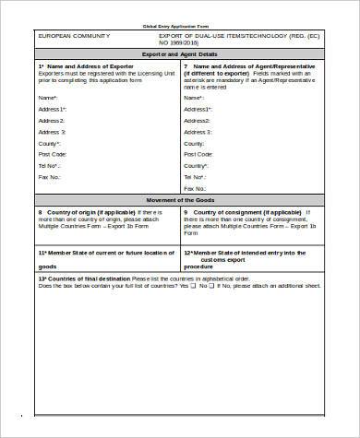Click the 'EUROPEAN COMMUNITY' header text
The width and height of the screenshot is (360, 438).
click(73, 34)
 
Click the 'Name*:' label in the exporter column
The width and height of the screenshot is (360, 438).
click(48, 97)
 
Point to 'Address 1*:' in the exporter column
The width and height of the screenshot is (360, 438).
click(53, 109)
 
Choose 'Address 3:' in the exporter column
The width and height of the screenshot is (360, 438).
click(52, 132)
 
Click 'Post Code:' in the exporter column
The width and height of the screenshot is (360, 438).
click(52, 154)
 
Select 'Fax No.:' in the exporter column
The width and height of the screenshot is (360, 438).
click(50, 177)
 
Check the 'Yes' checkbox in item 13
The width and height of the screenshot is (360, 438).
click(196, 286)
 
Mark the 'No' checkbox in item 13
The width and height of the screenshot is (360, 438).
click(214, 286)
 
